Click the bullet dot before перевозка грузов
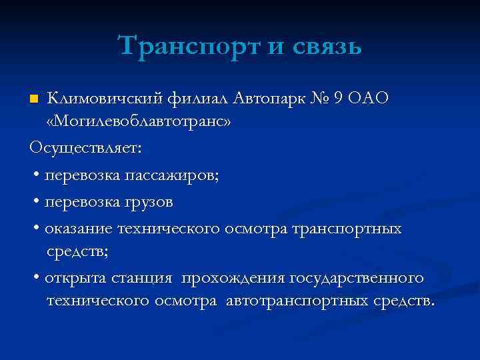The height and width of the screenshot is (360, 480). click(35, 201)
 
